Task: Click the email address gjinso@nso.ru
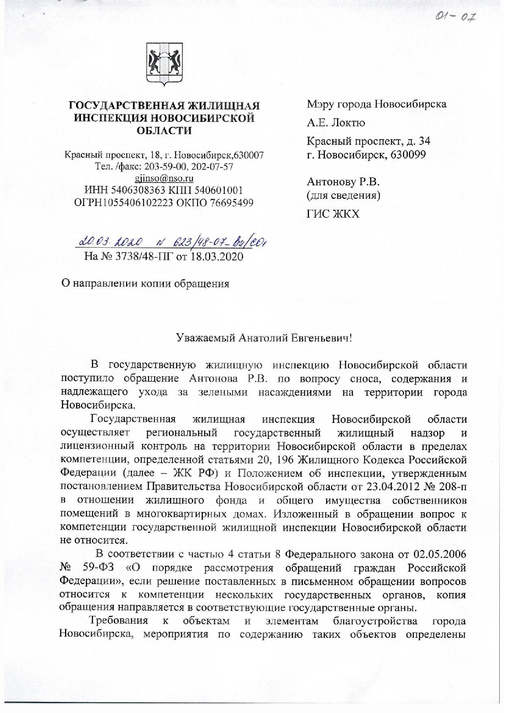[164, 178]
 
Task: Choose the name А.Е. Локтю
[335, 123]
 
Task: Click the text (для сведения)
[344, 196]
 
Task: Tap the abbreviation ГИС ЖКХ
[333, 214]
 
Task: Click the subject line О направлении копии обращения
[145, 283]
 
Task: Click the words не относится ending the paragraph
[93, 540]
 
